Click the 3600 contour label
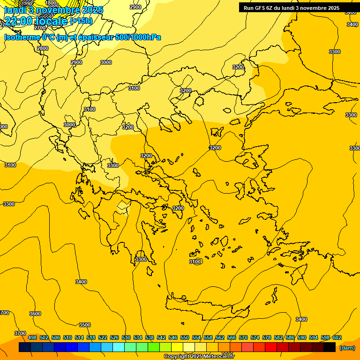pyautogui.click(x=35, y=314)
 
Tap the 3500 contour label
pyautogui.click(x=84, y=325)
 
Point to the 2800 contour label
pyautogui.click(x=43, y=48)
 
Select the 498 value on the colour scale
pyautogui.click(x=32, y=338)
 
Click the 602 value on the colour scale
pyautogui.click(x=337, y=338)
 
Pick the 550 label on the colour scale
pyautogui.click(x=185, y=338)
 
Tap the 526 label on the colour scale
pyautogui.click(x=114, y=338)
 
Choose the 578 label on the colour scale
pyautogui.click(x=267, y=338)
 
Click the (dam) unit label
pyautogui.click(x=347, y=348)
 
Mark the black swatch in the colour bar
pyautogui.click(x=330, y=347)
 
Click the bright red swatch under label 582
pyautogui.click(x=271, y=347)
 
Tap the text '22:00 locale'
pyautogui.click(x=36, y=21)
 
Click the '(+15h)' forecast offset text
pyautogui.click(x=81, y=21)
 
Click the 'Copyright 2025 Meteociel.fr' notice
pyautogui.click(x=199, y=357)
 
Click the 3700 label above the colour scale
pyautogui.click(x=20, y=333)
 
